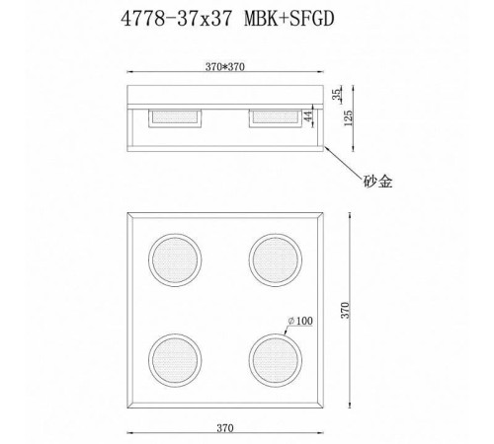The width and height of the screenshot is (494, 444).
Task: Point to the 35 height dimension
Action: coord(339,95)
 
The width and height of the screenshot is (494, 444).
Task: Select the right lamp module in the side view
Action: coord(276,117)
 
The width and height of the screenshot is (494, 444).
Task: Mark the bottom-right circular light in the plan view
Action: coord(273,359)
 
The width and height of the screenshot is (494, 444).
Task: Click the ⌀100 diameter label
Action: coord(300,320)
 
